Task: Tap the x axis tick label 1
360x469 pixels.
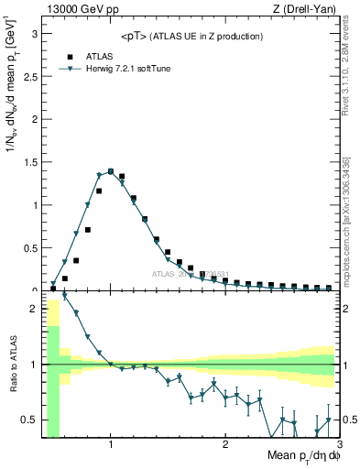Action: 111,445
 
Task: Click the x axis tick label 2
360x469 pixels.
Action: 225,445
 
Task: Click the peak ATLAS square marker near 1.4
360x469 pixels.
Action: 111,170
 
